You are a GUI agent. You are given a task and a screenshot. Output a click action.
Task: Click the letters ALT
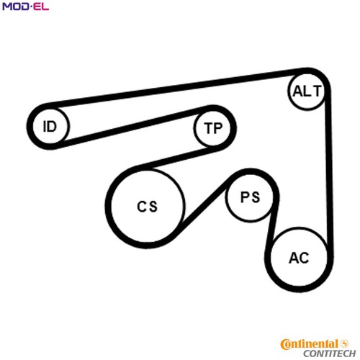pos(307,91)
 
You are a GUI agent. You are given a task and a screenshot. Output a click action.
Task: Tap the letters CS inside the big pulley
pos(147,207)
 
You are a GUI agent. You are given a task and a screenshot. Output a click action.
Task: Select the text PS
pos(250,197)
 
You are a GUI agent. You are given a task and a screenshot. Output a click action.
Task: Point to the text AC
pos(299,258)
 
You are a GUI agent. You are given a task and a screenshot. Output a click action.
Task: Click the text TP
pos(213,128)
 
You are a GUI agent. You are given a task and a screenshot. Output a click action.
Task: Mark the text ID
pos(50,126)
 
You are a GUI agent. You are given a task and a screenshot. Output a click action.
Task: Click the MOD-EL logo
pos(25,6)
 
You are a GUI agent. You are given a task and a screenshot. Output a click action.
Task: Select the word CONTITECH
pos(329,354)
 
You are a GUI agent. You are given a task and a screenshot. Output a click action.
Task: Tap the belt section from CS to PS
pos(203,205)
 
